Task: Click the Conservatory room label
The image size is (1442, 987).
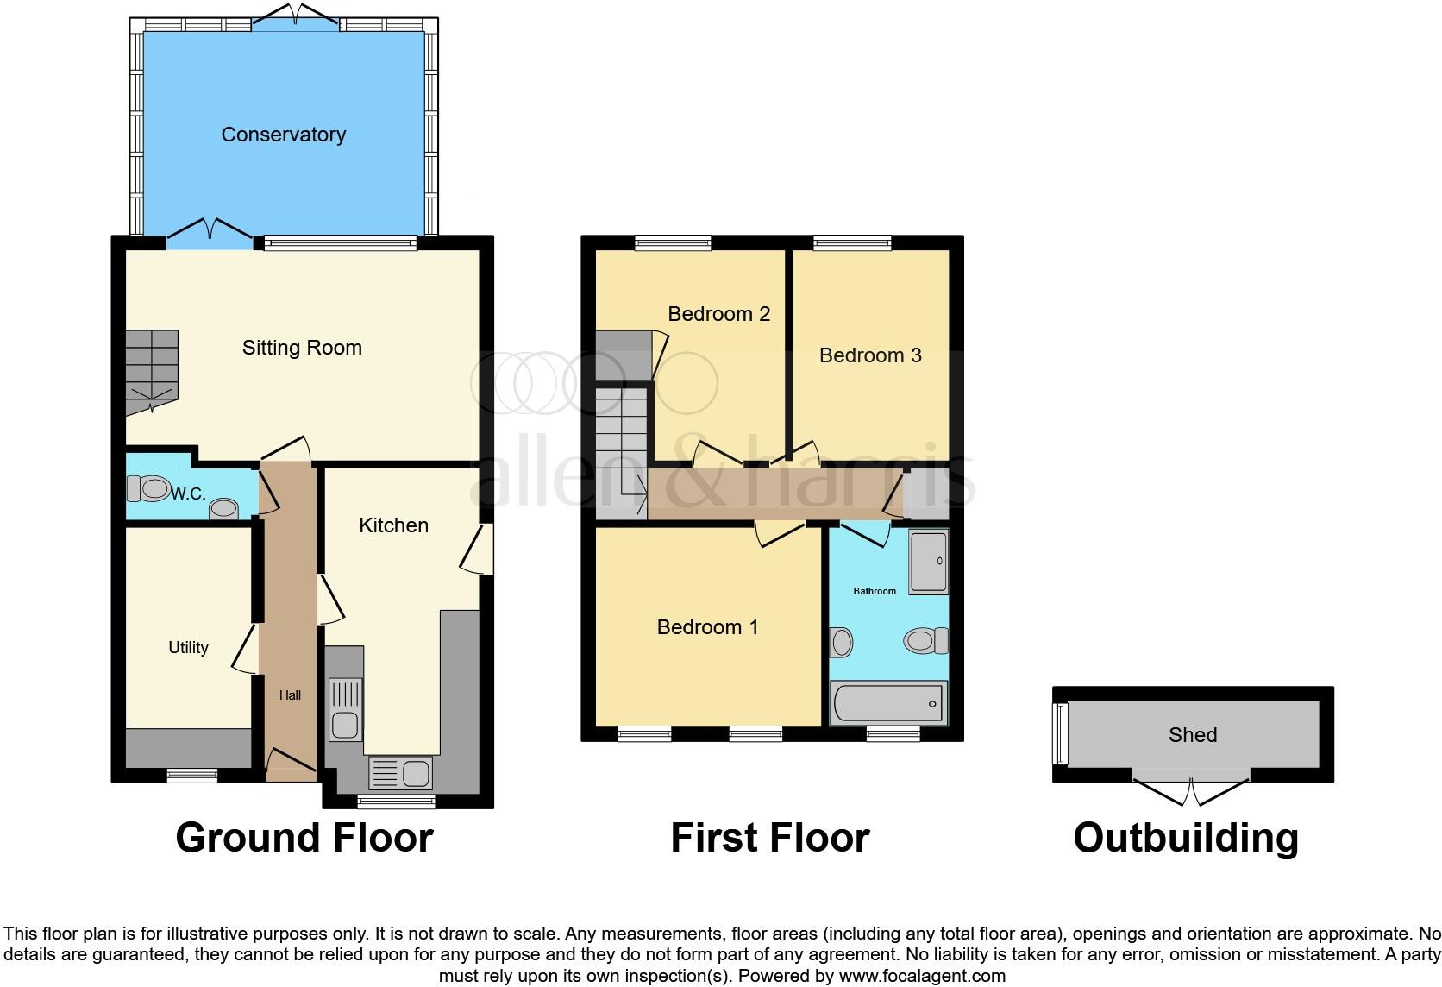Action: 283,135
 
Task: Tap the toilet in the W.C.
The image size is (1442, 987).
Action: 150,488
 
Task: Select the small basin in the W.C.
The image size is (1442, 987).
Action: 224,509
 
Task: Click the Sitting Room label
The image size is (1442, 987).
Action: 302,348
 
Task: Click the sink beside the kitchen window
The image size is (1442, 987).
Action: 400,773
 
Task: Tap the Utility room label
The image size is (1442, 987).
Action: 188,647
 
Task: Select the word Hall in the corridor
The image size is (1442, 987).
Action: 290,695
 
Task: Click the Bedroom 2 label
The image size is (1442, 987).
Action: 718,314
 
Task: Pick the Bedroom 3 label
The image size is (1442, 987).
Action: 870,355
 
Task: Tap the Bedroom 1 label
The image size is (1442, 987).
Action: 707,627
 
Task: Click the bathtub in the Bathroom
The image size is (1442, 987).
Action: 888,703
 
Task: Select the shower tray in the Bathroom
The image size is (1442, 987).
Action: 929,562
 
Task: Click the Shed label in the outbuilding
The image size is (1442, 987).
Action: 1193,735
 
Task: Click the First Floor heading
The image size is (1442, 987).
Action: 769,838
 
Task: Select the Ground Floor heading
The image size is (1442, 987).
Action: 304,838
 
